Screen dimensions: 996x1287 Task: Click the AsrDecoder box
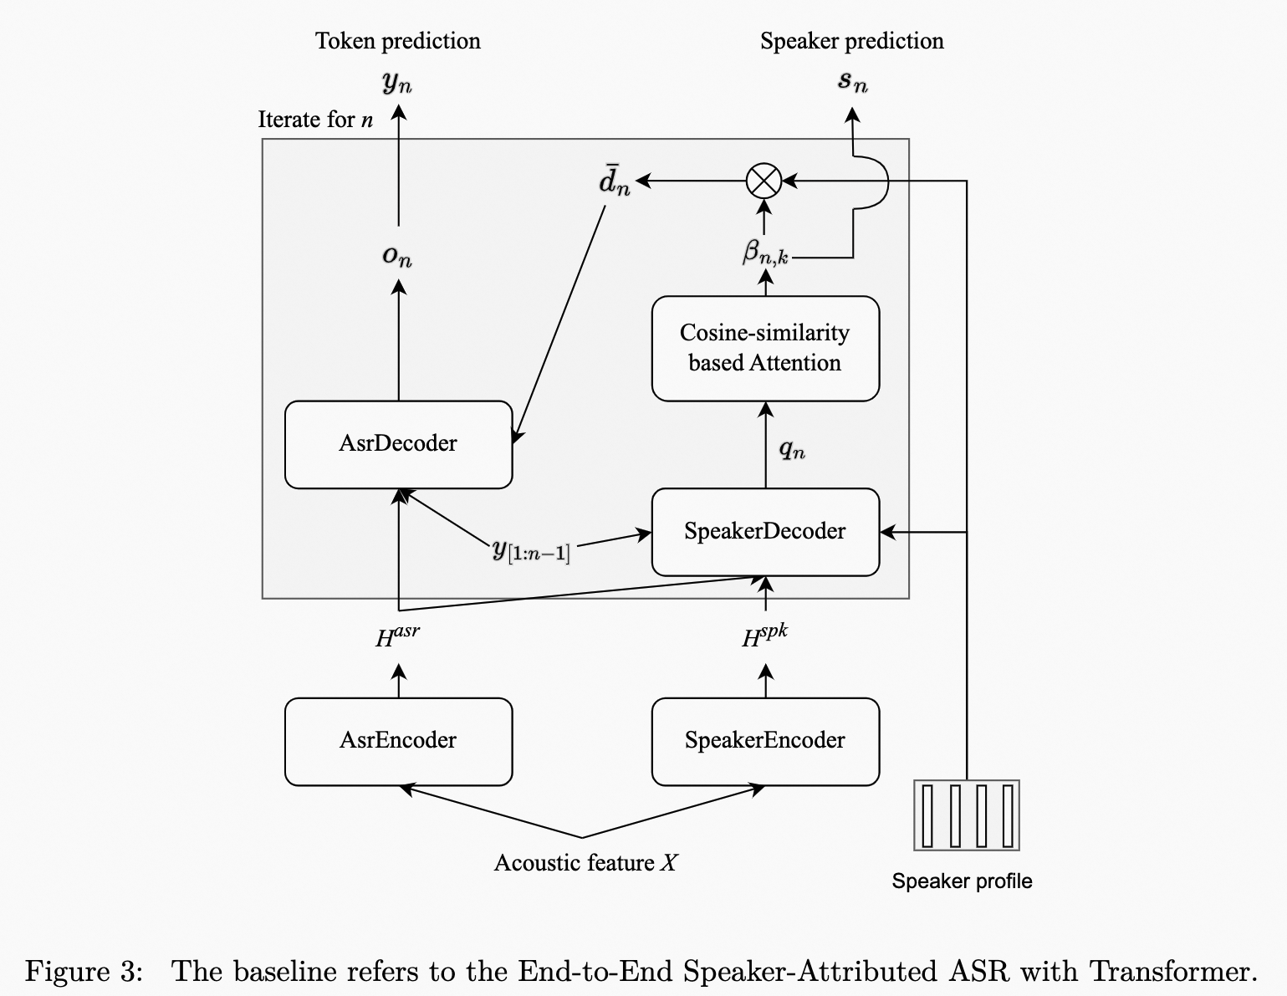[x=398, y=444]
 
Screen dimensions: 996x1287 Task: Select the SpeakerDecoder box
[x=765, y=532]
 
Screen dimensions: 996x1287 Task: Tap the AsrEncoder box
[x=398, y=741]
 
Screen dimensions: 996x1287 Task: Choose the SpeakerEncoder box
[x=765, y=741]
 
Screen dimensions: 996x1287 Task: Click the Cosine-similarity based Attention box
[x=765, y=348]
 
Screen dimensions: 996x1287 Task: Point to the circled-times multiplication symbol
[x=764, y=181]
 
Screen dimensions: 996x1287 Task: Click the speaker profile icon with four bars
[x=967, y=815]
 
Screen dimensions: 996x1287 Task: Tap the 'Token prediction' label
[x=398, y=41]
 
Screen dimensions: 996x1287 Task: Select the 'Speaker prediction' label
[x=851, y=41]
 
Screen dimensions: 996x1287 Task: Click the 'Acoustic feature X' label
[x=585, y=863]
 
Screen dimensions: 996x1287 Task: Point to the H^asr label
[x=397, y=638]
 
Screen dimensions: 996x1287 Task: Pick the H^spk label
[x=764, y=637]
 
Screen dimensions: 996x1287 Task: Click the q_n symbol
[x=792, y=451]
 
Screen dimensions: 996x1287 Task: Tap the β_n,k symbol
[x=765, y=252]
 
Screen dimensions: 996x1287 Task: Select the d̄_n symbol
[x=615, y=181]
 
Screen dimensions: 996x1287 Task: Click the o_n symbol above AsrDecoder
[x=398, y=256]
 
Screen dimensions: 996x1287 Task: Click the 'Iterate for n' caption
[x=315, y=120]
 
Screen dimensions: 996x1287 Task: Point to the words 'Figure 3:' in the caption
[x=84, y=972]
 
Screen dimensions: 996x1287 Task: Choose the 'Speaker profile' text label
[x=962, y=881]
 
